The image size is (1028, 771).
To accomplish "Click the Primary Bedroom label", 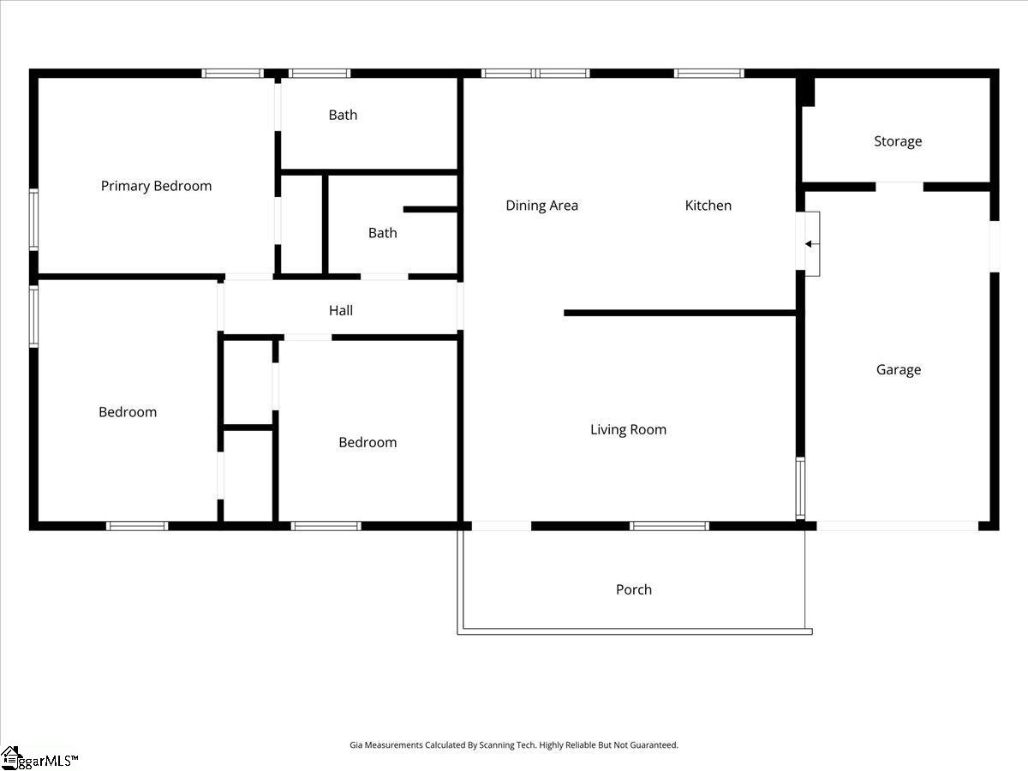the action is click(x=157, y=186).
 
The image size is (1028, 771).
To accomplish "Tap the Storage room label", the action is click(x=898, y=141).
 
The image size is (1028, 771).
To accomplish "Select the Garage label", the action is click(x=899, y=370).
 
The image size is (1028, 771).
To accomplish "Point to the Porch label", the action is click(x=634, y=589).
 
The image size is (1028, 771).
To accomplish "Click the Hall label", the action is click(x=341, y=310).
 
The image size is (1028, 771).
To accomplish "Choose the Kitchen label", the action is click(x=708, y=206).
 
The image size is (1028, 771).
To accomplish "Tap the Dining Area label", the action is click(x=542, y=206).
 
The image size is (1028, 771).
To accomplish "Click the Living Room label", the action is click(x=628, y=430).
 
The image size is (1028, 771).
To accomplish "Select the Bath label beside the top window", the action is click(x=343, y=115).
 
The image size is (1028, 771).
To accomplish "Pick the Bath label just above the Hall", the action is click(x=383, y=233).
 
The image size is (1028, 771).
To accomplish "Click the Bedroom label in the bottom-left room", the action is click(x=128, y=412).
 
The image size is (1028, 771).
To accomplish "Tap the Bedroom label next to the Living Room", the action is click(x=368, y=442).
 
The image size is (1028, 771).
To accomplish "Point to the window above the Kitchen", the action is click(x=708, y=74).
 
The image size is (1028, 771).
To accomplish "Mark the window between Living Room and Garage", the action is click(x=800, y=488).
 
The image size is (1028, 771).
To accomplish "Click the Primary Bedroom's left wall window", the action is click(x=33, y=219).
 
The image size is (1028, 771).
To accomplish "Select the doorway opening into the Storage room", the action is click(x=899, y=187).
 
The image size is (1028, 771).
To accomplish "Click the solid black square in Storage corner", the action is click(x=806, y=93).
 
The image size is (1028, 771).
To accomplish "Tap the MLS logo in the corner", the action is click(x=39, y=759).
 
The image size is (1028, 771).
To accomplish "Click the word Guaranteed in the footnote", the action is click(x=654, y=744).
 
